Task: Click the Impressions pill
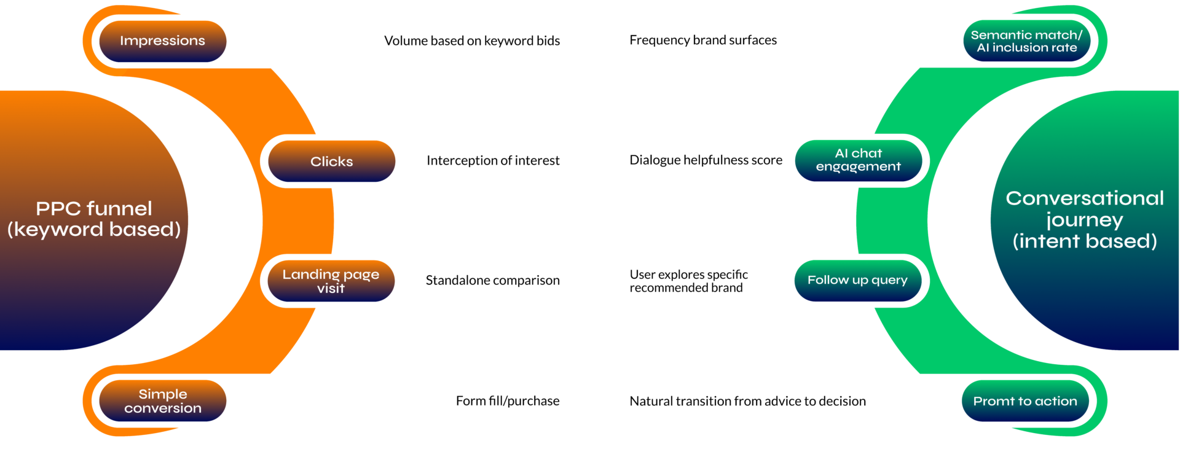pos(163,41)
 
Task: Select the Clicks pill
pos(332,161)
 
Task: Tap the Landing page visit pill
pos(331,281)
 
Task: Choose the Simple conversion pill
pos(163,400)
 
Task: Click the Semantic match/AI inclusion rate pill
pos(1027,41)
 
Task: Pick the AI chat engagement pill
pos(859,160)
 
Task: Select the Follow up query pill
pos(858,281)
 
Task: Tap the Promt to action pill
pos(1025,401)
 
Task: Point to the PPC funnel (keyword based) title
pos(94,219)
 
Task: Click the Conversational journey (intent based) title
pos(1085,219)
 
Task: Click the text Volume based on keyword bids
pos(472,41)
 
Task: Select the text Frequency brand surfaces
pos(703,40)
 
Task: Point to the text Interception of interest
pos(493,160)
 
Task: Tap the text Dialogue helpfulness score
pos(706,160)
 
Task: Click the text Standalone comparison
pos(493,280)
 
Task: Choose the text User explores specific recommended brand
pos(689,281)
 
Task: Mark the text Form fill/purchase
pos(508,401)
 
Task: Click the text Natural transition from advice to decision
pos(748,401)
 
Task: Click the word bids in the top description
pos(548,41)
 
